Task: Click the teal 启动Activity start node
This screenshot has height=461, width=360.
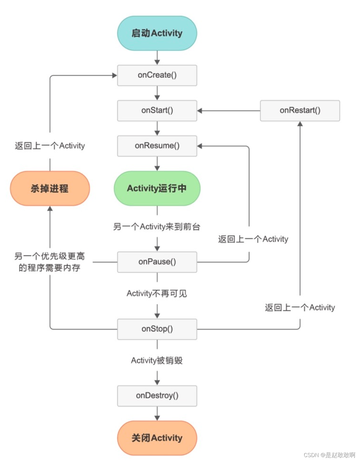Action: pyautogui.click(x=157, y=33)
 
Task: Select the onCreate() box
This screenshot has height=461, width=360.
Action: pyautogui.click(x=157, y=75)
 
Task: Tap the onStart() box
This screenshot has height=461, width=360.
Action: pyautogui.click(x=157, y=111)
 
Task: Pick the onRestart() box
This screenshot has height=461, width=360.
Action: pyautogui.click(x=300, y=111)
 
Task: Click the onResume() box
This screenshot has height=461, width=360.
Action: pyautogui.click(x=157, y=146)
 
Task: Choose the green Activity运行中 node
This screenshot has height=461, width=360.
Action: pyautogui.click(x=157, y=188)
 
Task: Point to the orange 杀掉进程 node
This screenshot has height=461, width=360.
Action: pyautogui.click(x=50, y=188)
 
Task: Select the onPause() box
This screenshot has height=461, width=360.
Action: pyautogui.click(x=157, y=262)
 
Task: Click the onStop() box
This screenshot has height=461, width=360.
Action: pyautogui.click(x=157, y=329)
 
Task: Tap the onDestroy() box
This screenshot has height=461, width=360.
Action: pyautogui.click(x=157, y=396)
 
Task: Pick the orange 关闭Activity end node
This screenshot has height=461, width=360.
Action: pyautogui.click(x=157, y=438)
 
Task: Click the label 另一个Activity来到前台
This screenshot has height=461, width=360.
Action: pyautogui.click(x=157, y=227)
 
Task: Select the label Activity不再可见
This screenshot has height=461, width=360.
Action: pyautogui.click(x=157, y=293)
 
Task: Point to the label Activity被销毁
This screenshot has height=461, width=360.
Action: pyautogui.click(x=157, y=360)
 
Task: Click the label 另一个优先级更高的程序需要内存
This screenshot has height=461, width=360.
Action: pyautogui.click(x=50, y=262)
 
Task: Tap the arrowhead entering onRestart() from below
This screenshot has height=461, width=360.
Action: pyautogui.click(x=300, y=124)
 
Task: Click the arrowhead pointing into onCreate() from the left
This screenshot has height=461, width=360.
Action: pyautogui.click(x=114, y=75)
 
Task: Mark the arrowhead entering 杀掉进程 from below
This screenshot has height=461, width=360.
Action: pyautogui.click(x=50, y=209)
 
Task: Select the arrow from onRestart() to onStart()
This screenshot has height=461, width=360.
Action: pyautogui.click(x=229, y=111)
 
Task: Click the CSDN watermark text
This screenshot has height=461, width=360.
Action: pyautogui.click(x=329, y=455)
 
